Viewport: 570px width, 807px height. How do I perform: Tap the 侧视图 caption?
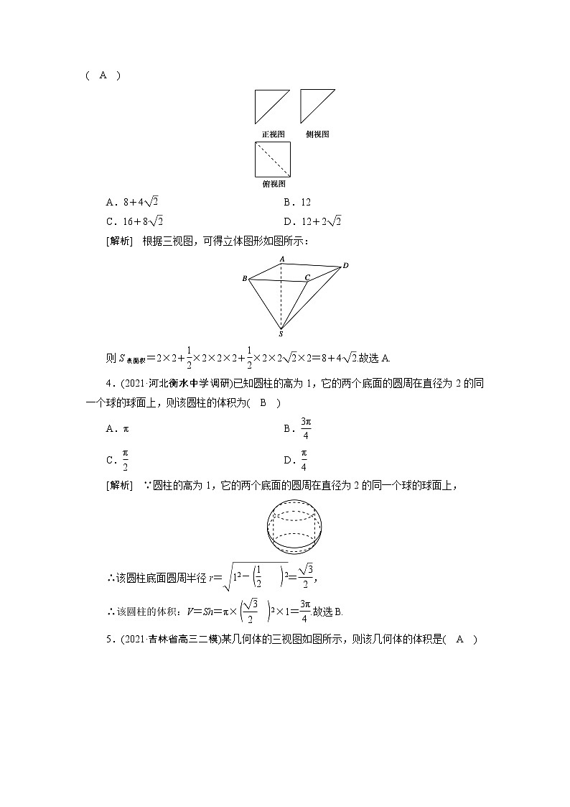click(317, 134)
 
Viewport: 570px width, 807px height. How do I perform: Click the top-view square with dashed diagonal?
click(273, 159)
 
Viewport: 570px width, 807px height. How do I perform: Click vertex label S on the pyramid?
click(280, 333)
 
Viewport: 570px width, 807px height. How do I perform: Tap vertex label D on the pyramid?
click(345, 266)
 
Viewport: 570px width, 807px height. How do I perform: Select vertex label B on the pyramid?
click(245, 278)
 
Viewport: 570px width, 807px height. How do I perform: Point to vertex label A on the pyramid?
click(283, 258)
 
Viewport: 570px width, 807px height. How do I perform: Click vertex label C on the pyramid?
click(307, 277)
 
